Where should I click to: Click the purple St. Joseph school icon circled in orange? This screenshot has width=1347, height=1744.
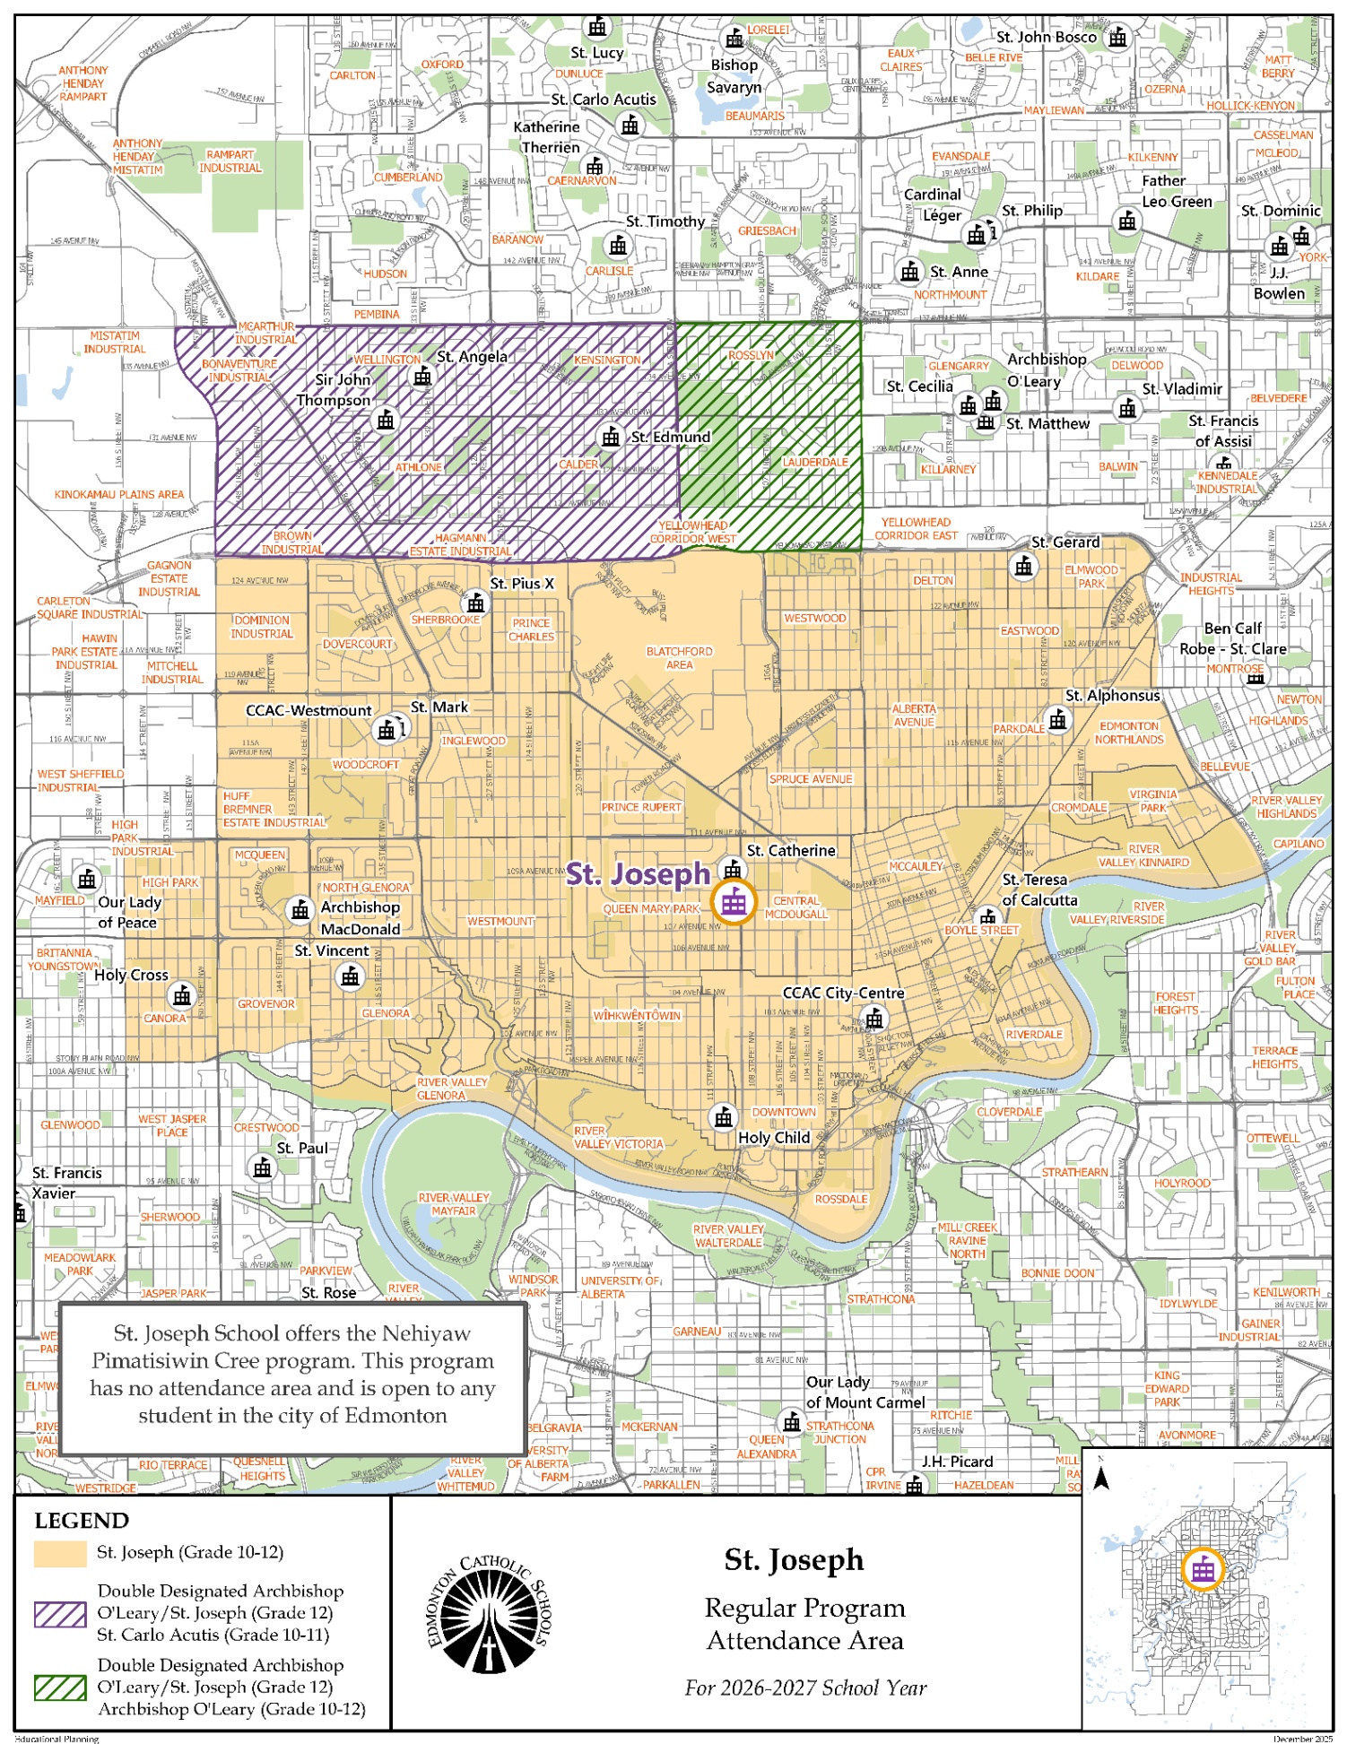(734, 902)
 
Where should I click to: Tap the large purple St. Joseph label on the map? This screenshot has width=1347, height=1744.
(638, 874)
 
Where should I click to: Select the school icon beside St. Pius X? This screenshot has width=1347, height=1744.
(476, 603)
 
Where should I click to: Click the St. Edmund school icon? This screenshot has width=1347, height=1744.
(611, 437)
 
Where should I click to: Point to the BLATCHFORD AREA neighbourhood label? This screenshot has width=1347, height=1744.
(679, 658)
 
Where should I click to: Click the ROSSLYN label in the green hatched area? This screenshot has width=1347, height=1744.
(751, 356)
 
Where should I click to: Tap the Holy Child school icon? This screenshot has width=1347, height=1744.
(723, 1117)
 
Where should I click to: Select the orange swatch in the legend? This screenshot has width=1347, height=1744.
(59, 1553)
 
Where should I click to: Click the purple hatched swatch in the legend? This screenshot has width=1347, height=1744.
(59, 1614)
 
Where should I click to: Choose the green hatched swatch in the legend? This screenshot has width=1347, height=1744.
(59, 1688)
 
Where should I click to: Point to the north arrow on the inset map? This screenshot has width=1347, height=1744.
(1102, 1479)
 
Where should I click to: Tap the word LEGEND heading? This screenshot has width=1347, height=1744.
(82, 1521)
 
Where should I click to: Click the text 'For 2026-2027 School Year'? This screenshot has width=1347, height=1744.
(805, 1688)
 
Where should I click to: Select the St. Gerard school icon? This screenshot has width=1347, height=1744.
(1023, 566)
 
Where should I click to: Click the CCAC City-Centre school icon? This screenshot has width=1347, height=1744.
(874, 1019)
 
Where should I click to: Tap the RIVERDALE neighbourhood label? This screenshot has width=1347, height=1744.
(1034, 1034)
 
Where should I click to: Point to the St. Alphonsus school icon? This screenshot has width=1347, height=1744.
(1057, 719)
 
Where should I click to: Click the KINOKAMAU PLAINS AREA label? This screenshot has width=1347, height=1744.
(118, 494)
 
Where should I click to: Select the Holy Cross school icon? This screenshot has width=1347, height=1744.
(182, 995)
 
